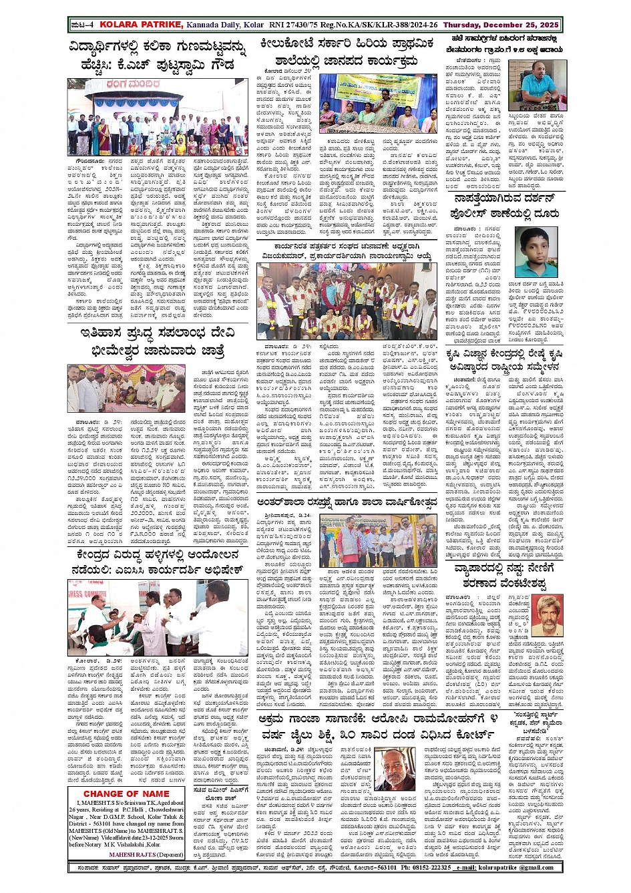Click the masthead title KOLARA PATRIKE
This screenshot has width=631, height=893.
[140, 25]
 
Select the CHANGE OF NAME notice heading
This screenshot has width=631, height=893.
[126, 793]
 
